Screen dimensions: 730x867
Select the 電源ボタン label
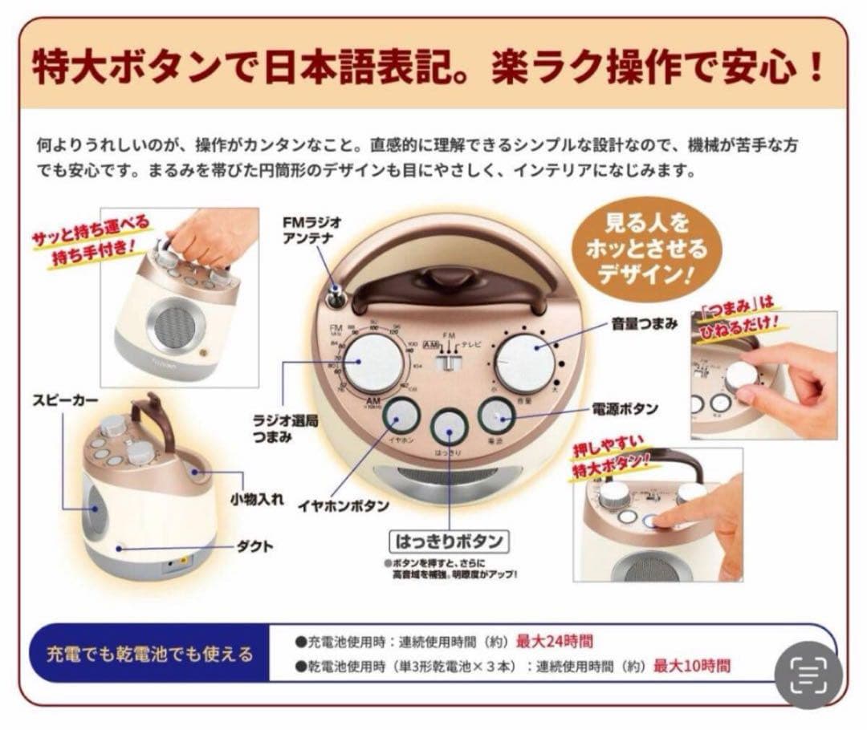point(625,409)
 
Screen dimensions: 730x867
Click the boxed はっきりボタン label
point(449,542)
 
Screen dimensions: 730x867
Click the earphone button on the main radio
point(401,417)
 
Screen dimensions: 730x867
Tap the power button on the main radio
point(498,417)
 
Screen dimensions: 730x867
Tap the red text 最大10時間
point(691,665)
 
